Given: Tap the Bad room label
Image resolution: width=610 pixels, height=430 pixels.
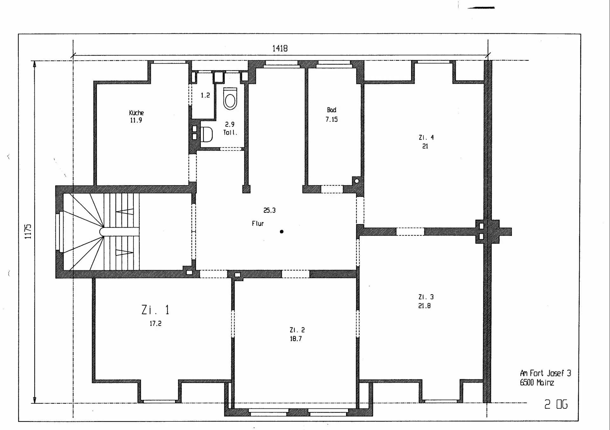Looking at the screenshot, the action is click(x=331, y=110).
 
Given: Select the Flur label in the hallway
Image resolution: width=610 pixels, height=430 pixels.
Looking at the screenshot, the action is click(x=258, y=224).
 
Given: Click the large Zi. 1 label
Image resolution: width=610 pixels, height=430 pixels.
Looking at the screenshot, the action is click(x=155, y=310).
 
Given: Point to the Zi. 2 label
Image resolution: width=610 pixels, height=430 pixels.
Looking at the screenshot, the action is click(x=297, y=330).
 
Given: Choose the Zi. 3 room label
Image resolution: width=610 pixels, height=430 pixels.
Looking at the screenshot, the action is click(x=426, y=297).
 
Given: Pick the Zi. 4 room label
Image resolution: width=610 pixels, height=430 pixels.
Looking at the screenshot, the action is click(x=426, y=138).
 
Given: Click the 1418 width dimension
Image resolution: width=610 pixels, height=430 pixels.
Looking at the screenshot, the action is click(x=280, y=48).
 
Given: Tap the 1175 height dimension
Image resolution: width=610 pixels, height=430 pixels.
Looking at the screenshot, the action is click(x=28, y=232).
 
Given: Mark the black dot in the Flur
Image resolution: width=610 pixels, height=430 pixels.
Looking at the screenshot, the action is click(x=281, y=232).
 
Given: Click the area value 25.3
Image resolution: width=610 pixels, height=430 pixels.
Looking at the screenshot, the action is click(x=269, y=210).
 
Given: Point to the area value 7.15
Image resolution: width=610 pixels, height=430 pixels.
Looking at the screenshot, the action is click(x=331, y=119).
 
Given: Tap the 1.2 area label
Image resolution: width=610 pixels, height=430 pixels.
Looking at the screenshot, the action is click(x=205, y=95).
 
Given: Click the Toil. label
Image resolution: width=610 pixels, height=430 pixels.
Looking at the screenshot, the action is click(x=230, y=132).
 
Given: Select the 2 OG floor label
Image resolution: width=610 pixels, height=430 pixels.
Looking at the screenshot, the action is click(x=556, y=404).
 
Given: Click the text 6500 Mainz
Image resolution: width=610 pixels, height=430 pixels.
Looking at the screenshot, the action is click(x=537, y=382).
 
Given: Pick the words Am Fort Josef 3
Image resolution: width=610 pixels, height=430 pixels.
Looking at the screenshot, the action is click(x=546, y=373).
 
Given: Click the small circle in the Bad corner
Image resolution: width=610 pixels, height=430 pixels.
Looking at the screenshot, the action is click(x=357, y=181).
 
